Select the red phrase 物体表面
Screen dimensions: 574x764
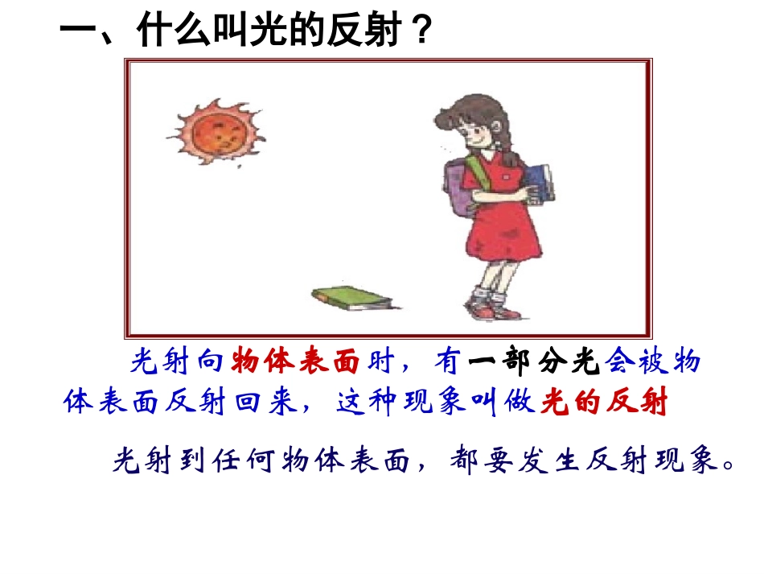pos(294,365)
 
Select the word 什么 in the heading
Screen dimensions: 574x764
pos(163,34)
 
